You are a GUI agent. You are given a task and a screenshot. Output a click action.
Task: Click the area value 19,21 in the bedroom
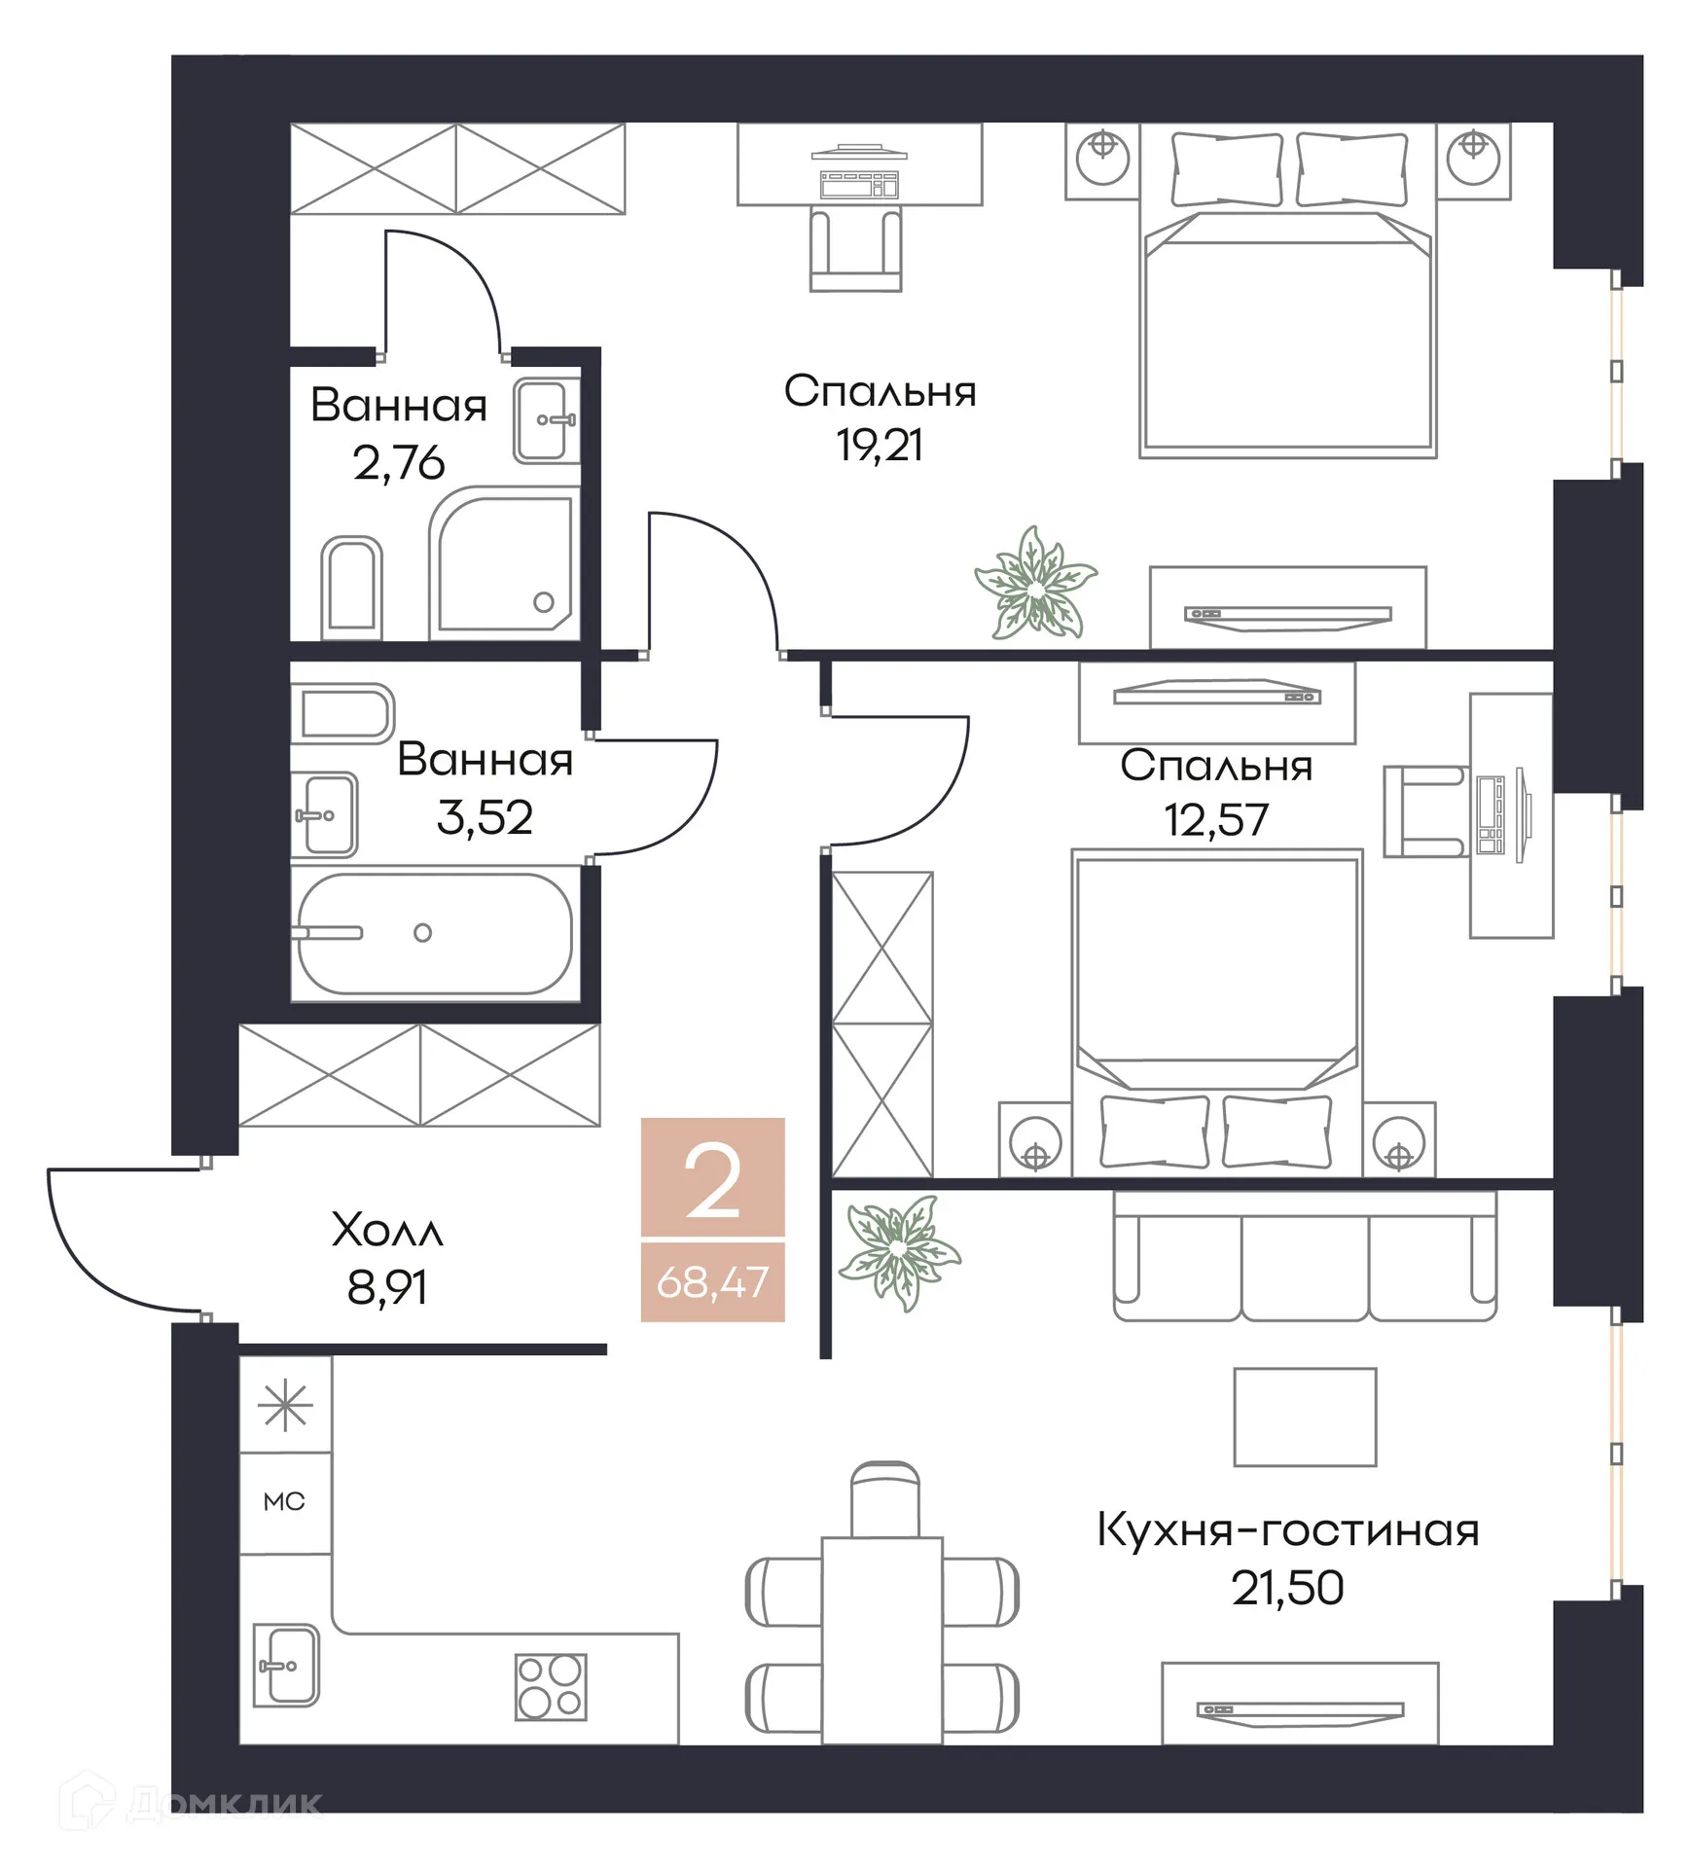coord(879,446)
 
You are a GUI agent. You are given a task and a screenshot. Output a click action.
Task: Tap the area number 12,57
coord(1215,820)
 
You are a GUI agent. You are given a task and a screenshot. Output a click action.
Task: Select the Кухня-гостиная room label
coord(1286,1530)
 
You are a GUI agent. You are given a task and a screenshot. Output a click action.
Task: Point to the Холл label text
coord(387,1231)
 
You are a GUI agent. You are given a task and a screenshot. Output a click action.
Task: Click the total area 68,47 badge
coord(712,1282)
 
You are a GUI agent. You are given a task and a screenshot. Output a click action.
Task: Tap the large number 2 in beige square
coord(712,1180)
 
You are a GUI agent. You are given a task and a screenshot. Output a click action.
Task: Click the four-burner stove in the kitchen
coord(550,1686)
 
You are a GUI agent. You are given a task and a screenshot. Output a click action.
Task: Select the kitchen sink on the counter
coord(286,1665)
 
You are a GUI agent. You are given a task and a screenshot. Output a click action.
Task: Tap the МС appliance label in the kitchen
coord(284,1501)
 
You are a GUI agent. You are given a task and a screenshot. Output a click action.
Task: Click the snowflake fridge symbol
coord(285,1407)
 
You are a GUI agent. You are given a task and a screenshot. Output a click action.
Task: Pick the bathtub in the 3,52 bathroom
coord(434,933)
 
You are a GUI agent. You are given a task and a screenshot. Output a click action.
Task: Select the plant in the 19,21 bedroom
coord(1035,585)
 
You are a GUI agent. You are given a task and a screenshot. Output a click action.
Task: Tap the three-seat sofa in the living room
coord(1304,1257)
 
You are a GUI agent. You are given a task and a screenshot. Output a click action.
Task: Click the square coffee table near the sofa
coord(1304,1417)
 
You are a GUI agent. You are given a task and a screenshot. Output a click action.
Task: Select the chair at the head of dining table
coord(883,1499)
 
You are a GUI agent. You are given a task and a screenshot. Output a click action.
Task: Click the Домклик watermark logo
coord(190,1803)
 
